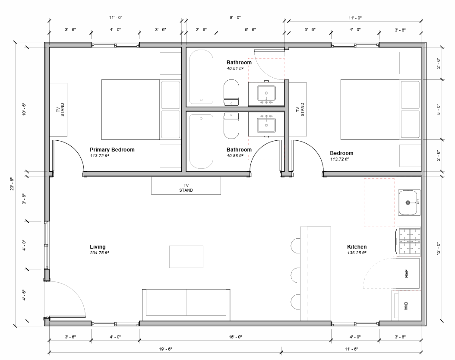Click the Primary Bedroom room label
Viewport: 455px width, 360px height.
(x=112, y=150)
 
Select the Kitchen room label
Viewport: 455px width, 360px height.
(x=357, y=247)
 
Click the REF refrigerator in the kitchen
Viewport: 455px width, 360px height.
(x=406, y=273)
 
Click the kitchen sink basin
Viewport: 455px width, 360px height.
(x=408, y=202)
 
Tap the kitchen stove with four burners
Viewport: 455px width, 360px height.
(x=408, y=241)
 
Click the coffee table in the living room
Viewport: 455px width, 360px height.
(x=186, y=257)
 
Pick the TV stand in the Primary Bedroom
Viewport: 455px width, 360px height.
(x=58, y=110)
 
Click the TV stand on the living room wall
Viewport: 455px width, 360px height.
(x=186, y=186)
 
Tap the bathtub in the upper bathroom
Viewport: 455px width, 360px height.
(x=201, y=77)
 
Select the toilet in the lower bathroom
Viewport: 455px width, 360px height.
(x=231, y=126)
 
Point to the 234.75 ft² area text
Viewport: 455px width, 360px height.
(x=99, y=253)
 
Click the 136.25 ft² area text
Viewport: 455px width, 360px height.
(x=357, y=253)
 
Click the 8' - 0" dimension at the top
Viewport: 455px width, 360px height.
(x=235, y=18)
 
